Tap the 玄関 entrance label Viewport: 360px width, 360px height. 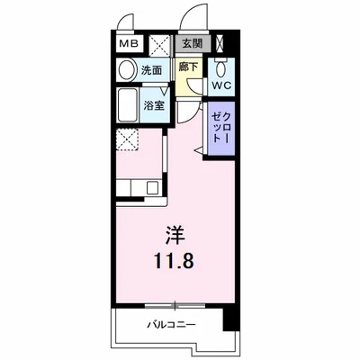(x=190, y=43)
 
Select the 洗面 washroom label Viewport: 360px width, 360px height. (x=150, y=71)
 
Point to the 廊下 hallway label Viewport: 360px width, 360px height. (x=188, y=67)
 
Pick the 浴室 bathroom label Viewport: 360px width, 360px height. (x=153, y=105)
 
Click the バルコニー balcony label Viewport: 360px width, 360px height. (x=173, y=326)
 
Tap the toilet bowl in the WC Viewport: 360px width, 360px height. (x=220, y=68)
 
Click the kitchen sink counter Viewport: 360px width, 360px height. (x=140, y=188)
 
